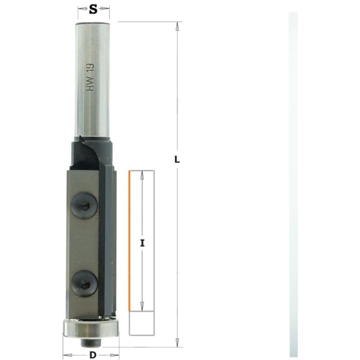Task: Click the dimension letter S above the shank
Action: click(93, 9)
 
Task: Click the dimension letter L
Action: click(177, 160)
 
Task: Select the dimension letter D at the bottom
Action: click(92, 354)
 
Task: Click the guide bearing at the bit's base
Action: click(91, 328)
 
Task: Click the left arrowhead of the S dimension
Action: click(80, 9)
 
